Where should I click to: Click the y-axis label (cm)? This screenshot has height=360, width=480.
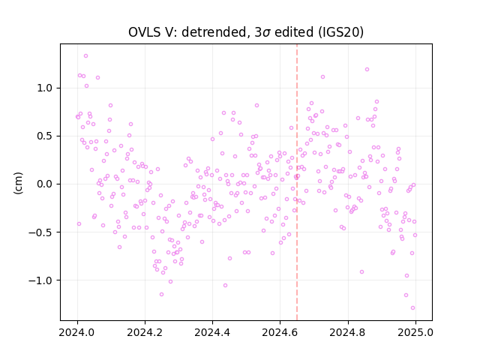pos(18,183)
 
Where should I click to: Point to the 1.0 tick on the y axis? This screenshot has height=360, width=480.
pos(45,88)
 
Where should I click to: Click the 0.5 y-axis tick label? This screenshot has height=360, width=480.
pos(45,136)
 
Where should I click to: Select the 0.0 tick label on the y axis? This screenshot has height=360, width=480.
pos(45,184)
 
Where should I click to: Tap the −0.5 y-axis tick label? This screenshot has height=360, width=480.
pos(40,232)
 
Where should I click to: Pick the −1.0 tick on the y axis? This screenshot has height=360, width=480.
pos(40,280)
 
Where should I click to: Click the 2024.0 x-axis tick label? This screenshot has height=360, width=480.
pos(77,332)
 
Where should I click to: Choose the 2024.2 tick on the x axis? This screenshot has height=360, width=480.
pos(145,332)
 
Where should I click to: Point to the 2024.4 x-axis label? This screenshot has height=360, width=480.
pos(212,332)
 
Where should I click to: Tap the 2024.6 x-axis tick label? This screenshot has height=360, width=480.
pos(280,332)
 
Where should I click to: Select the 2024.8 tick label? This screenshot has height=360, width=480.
pos(347,332)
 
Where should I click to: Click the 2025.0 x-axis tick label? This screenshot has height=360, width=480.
pos(415,332)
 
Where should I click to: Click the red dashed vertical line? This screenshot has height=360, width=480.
pos(297,182)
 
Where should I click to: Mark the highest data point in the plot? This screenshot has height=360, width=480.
pos(86,56)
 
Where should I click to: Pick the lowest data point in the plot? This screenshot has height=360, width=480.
pos(412,308)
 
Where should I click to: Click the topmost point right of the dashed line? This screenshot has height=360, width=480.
pos(367,70)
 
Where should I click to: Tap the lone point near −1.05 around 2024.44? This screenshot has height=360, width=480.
pos(225,285)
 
